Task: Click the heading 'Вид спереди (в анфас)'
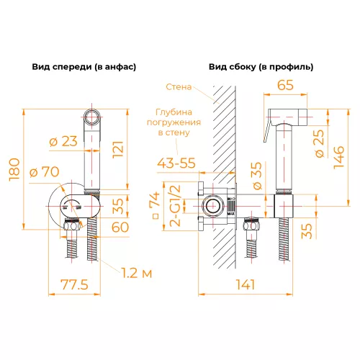[x=84, y=66]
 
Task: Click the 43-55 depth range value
[x=177, y=163]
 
